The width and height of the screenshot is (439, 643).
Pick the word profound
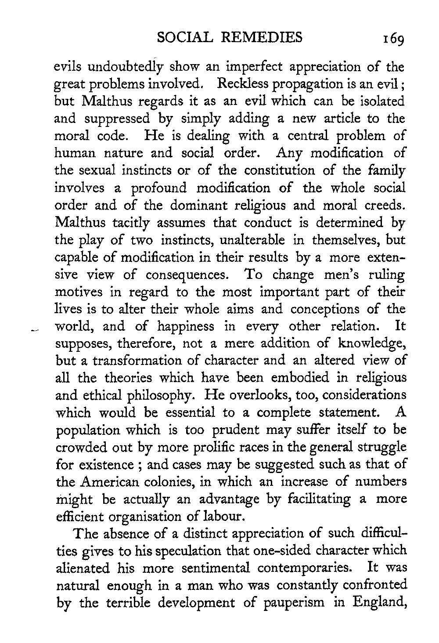point(162,188)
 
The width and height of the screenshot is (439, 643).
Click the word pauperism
point(291,603)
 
